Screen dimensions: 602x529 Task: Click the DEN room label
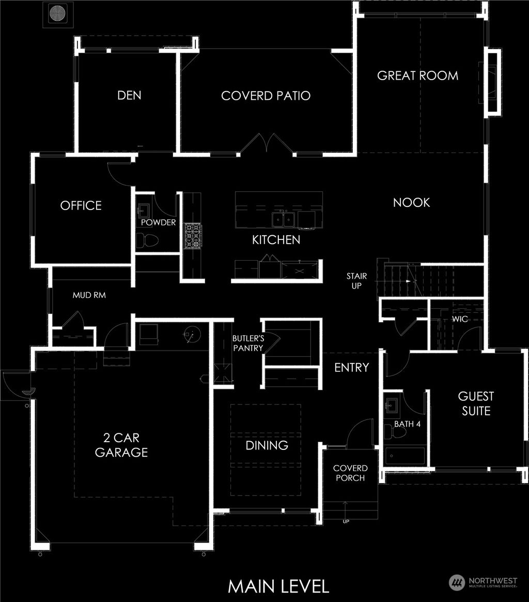point(129,95)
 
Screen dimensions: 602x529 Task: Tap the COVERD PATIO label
point(266,96)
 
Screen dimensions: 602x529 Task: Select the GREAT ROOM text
point(417,76)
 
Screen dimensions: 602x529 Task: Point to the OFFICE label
point(81,205)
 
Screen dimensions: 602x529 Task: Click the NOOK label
point(411,202)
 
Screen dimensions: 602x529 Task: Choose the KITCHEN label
point(276,240)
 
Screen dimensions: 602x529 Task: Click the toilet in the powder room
point(147,239)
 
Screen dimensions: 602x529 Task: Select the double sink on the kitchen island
point(284,219)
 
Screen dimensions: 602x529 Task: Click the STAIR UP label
point(356,281)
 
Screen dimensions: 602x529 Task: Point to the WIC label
point(460,319)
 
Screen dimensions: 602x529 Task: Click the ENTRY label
point(351,368)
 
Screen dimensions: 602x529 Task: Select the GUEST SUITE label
point(476,404)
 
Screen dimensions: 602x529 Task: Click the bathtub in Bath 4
point(406,456)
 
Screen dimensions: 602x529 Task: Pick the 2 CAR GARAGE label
point(121,445)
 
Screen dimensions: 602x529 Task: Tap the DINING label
point(267,445)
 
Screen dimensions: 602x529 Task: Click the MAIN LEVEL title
point(278,586)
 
